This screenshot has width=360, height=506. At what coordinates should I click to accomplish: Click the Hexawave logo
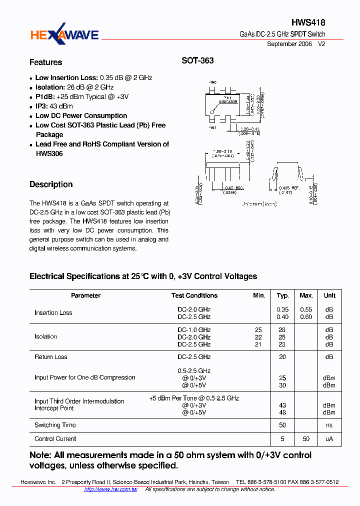tap(64, 34)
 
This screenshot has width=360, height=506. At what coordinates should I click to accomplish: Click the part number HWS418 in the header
tap(308, 23)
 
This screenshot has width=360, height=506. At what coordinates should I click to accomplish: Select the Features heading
tap(46, 62)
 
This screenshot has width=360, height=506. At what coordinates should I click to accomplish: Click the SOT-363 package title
tap(197, 60)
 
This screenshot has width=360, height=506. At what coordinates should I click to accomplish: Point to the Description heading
tap(51, 184)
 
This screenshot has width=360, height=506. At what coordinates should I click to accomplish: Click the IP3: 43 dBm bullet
tap(54, 106)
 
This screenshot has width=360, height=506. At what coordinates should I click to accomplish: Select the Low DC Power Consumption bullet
tap(81, 115)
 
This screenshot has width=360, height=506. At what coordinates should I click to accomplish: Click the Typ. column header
tap(283, 295)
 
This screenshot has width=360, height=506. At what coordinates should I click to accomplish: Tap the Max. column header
tap(306, 295)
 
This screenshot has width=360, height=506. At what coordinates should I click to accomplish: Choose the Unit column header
tap(329, 295)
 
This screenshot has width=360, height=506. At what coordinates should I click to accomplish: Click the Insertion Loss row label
tap(53, 313)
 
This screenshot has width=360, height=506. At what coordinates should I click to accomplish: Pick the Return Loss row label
tap(50, 357)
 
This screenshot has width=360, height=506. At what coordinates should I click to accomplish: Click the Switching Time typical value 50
tap(282, 425)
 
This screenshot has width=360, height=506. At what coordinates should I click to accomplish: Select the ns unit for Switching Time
tap(329, 425)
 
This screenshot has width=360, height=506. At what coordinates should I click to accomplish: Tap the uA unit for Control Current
tap(329, 439)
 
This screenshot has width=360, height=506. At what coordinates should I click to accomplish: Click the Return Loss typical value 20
tap(282, 357)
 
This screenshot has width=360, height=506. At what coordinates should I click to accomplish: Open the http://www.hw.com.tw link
tap(110, 489)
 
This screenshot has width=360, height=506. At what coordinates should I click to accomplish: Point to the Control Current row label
tap(55, 439)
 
